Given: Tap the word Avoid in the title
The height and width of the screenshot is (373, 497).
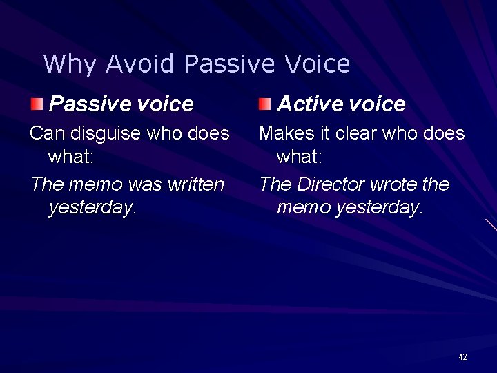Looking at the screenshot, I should pos(140,64).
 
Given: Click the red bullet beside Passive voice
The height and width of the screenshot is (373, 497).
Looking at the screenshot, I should pos(37,104).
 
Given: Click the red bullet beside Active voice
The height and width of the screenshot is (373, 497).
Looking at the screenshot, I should pos(265,104).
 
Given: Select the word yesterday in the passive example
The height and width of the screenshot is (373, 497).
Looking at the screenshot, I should pos(92,207).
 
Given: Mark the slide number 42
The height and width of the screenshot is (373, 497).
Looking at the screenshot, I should pos(462,356).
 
